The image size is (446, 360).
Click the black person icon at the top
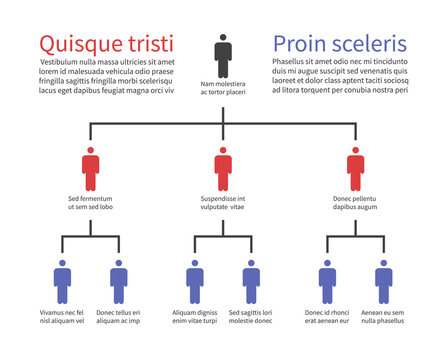223,55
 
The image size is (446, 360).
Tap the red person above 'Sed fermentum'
90,169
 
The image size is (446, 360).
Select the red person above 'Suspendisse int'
223,169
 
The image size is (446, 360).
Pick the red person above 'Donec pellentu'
355,169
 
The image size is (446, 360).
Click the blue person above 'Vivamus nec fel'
62,281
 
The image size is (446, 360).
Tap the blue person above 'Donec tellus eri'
118,281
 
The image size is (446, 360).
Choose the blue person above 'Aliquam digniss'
194,281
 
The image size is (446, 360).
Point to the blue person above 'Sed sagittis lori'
251,281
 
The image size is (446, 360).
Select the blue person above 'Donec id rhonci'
327,281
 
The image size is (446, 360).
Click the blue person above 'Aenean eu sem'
383,281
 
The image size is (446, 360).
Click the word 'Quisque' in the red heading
84,45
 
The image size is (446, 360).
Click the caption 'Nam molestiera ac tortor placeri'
223,89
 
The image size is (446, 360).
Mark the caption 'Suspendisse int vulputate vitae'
223,204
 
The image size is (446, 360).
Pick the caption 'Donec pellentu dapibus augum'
355,204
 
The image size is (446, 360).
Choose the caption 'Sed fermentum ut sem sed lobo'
90,204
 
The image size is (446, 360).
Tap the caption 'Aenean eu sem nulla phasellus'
383,317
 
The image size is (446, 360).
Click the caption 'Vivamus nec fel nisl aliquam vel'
62,317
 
